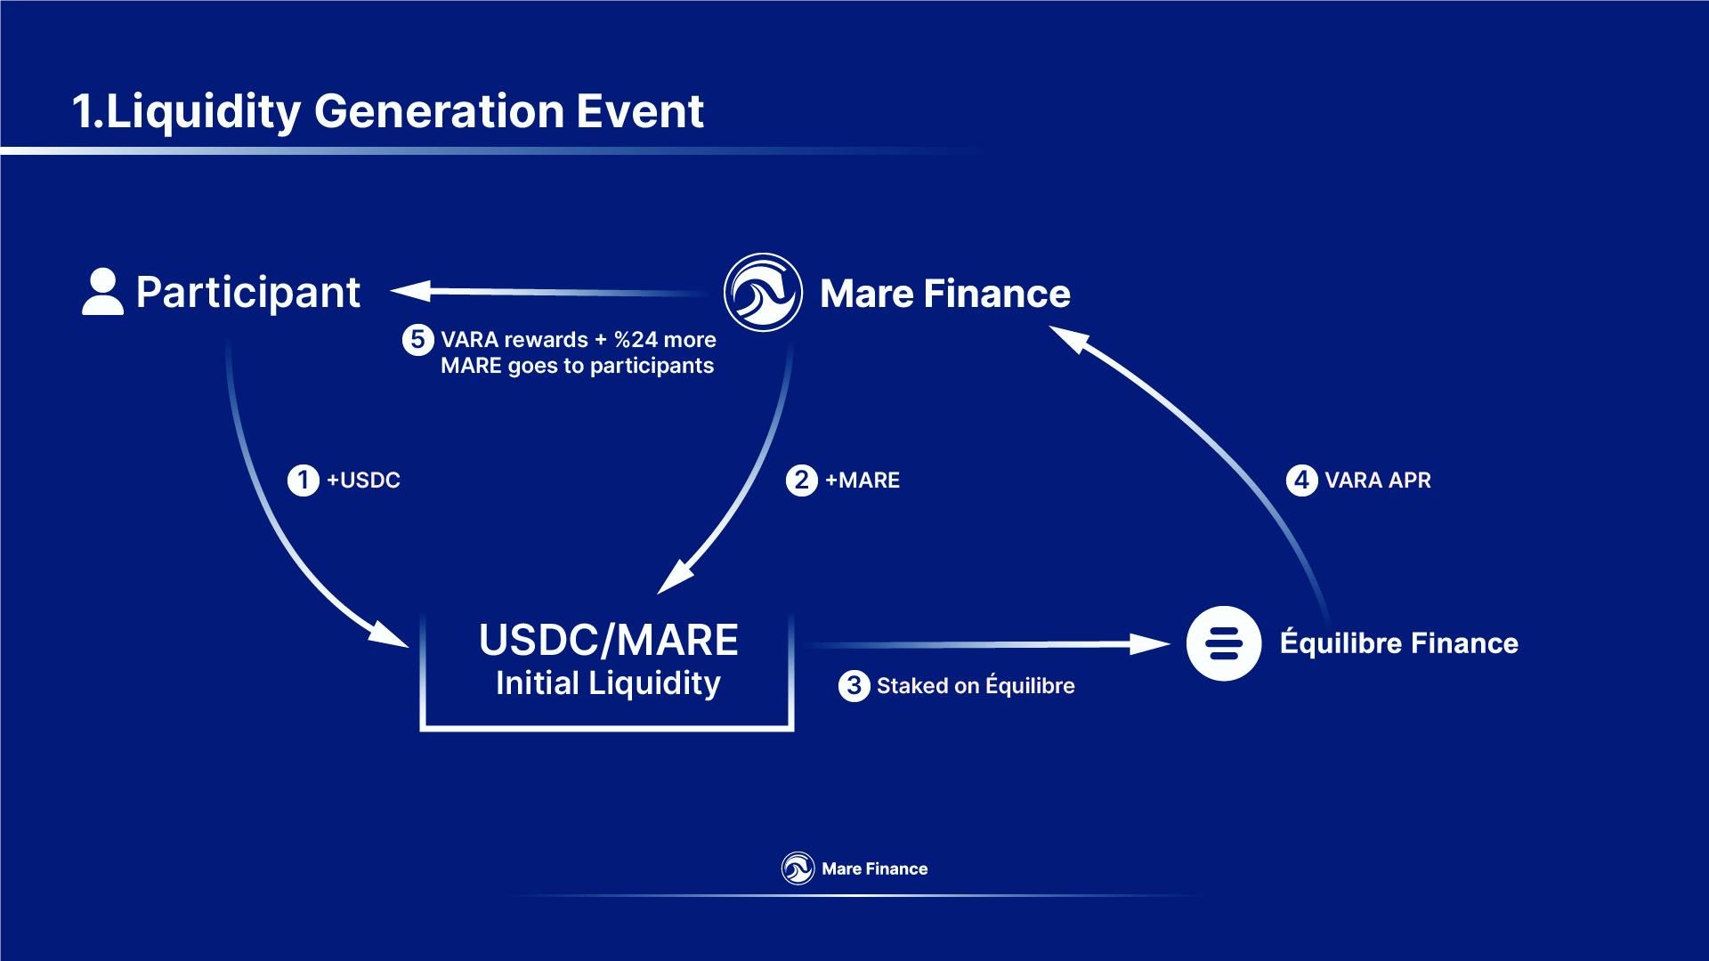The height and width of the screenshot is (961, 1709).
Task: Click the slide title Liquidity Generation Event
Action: point(388,112)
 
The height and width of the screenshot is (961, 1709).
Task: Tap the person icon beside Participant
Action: point(102,291)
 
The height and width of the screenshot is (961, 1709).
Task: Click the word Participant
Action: point(248,293)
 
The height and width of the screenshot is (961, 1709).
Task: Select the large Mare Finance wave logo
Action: point(763,292)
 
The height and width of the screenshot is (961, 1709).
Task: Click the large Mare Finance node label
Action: point(944,294)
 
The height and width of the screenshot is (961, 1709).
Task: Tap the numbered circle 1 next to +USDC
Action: point(303,480)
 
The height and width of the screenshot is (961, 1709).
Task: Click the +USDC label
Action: point(363,480)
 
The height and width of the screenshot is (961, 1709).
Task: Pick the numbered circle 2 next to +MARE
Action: point(801,480)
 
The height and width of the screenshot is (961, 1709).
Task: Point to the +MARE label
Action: point(863,480)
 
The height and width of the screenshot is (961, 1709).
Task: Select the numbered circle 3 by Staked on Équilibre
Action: point(854,685)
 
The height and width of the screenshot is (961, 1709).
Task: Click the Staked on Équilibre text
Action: point(976,685)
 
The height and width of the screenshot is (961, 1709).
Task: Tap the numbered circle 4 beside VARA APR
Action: point(1301,480)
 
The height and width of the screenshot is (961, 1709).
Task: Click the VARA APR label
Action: point(1378,480)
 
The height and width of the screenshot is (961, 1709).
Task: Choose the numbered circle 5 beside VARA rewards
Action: point(417,339)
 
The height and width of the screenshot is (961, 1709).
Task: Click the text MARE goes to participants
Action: point(577,366)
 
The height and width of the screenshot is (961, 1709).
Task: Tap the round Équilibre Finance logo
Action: point(1223,643)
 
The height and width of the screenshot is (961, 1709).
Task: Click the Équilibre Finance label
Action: point(1399,642)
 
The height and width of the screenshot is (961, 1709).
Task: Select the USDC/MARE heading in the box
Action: point(609,641)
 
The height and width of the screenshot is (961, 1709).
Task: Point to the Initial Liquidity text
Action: point(608,683)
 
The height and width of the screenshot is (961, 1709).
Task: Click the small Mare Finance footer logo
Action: point(798,868)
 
